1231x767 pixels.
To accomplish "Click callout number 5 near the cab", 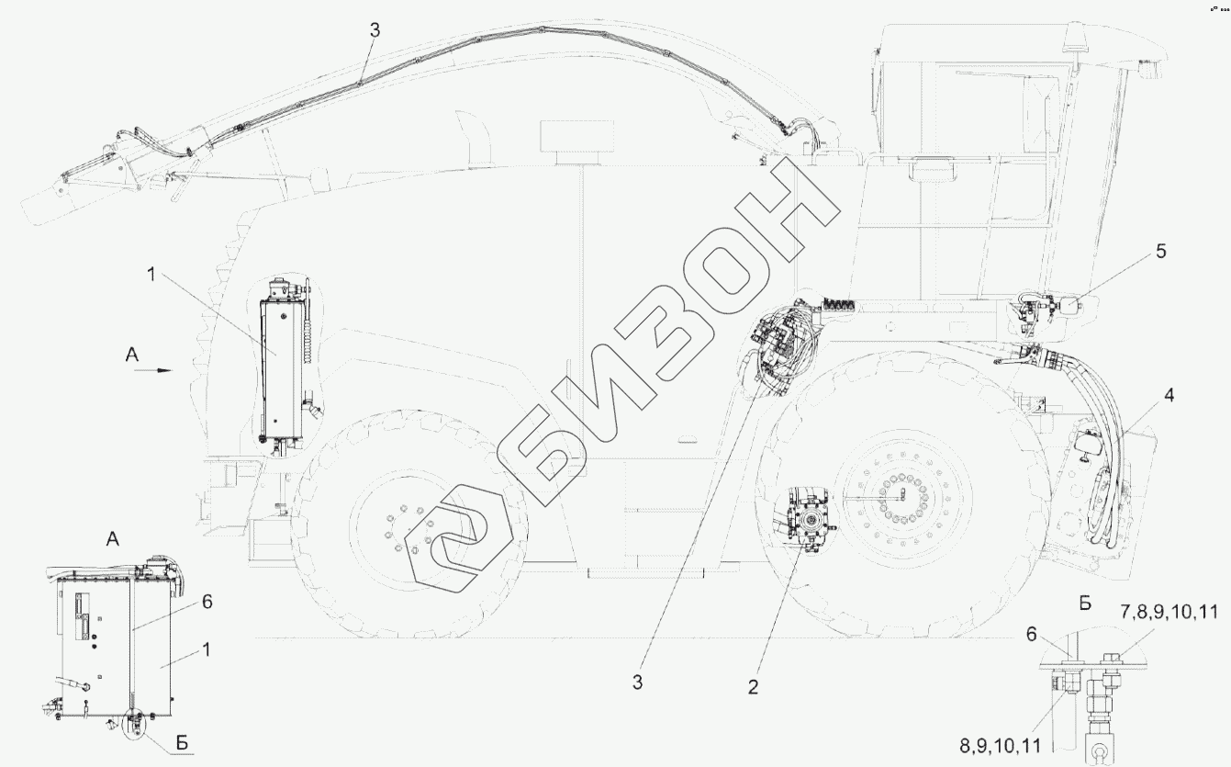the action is [x=1160, y=252].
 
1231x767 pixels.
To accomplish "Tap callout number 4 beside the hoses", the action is [x=1169, y=395].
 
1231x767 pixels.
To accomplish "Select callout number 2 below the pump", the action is [x=753, y=687].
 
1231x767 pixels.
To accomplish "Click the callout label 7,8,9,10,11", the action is [x=1169, y=612].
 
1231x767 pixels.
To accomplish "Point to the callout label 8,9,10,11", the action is [x=1001, y=746].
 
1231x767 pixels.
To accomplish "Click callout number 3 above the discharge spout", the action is [x=375, y=30].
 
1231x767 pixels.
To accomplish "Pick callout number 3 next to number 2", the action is [x=637, y=682].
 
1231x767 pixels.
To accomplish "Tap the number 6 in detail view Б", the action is [x=1031, y=635].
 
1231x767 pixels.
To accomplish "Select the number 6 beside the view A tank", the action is [x=207, y=602].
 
